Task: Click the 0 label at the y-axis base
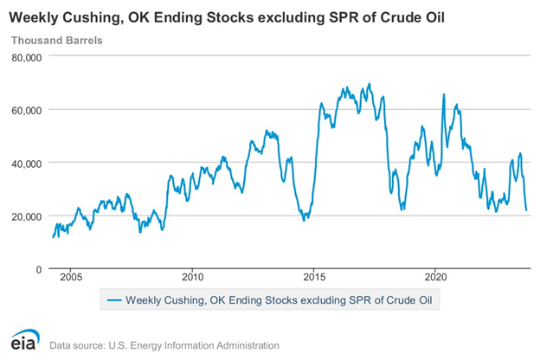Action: click(38, 269)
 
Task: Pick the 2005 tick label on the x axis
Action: click(71, 279)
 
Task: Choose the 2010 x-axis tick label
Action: click(193, 279)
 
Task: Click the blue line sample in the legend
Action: click(113, 300)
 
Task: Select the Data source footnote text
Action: click(164, 344)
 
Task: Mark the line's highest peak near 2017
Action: click(370, 84)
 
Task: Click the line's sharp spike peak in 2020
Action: click(444, 94)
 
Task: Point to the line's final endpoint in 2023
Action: click(527, 210)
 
